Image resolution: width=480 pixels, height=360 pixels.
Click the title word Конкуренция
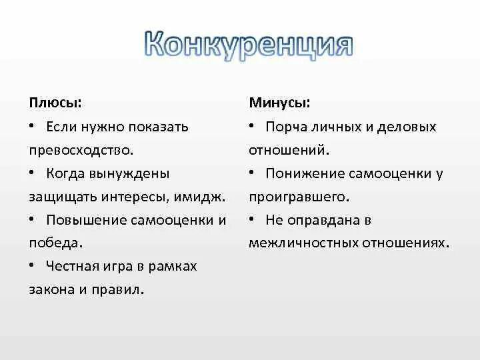click(247, 46)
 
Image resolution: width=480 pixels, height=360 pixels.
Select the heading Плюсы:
click(55, 103)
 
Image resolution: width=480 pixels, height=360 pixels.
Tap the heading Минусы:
click(279, 103)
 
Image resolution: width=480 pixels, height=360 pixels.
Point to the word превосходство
click(85, 150)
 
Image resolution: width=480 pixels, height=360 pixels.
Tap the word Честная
click(73, 266)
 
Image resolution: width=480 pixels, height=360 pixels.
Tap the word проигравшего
click(299, 197)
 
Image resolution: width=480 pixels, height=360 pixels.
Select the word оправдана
click(318, 220)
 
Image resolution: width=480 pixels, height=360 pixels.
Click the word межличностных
click(303, 243)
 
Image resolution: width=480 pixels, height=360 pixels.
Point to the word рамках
click(173, 266)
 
